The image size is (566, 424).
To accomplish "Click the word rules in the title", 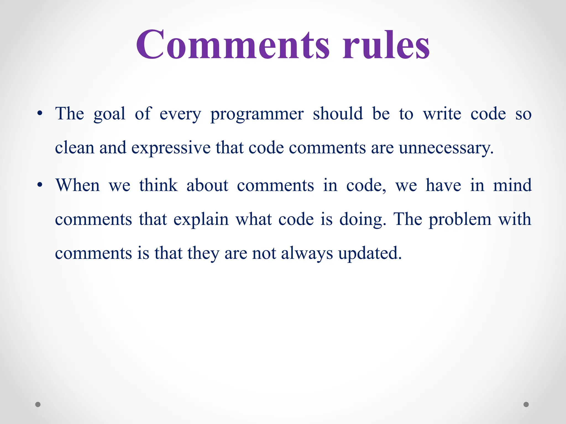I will pyautogui.click(x=386, y=45).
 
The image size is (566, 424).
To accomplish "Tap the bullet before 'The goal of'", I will pyautogui.click(x=40, y=113).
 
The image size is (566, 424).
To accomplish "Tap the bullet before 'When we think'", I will pyautogui.click(x=40, y=185).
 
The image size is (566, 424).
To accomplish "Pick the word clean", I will pyautogui.click(x=75, y=148).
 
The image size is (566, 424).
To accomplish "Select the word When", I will pyautogui.click(x=77, y=185).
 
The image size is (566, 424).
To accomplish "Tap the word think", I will pyautogui.click(x=158, y=185).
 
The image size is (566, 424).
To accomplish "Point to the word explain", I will pyautogui.click(x=201, y=220).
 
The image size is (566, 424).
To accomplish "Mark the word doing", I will pyautogui.click(x=362, y=220).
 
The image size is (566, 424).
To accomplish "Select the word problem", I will pyautogui.click(x=460, y=220).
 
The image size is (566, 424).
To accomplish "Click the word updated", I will pyautogui.click(x=370, y=253).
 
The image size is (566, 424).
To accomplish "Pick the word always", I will pyautogui.click(x=307, y=253).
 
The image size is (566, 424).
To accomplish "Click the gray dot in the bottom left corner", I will pyautogui.click(x=38, y=404).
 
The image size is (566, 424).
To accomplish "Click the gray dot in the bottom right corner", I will pyautogui.click(x=526, y=404).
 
